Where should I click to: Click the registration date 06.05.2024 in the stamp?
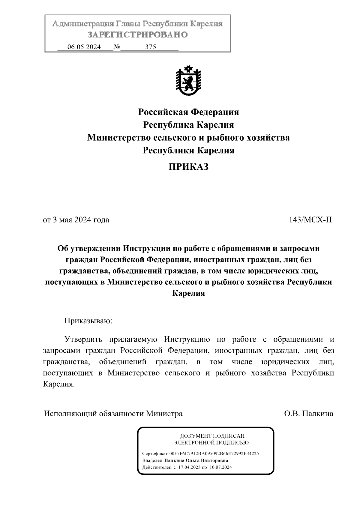click(84, 47)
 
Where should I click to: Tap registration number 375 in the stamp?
click(151, 47)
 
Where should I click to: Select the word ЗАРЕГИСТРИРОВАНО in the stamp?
click(138, 35)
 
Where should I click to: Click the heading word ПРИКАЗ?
click(188, 167)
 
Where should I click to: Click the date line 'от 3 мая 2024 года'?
click(76, 220)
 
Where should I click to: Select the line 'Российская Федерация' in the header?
click(188, 112)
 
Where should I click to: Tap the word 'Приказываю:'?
click(88, 321)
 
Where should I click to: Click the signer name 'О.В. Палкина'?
click(309, 414)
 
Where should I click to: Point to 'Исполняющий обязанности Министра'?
click(113, 414)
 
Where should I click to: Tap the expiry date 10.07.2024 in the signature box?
click(221, 467)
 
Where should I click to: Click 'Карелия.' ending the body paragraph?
click(59, 384)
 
